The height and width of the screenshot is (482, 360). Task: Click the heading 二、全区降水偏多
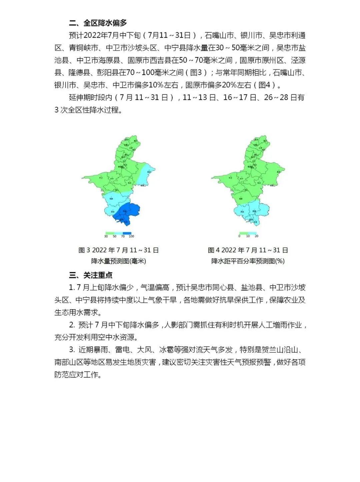pos(98,23)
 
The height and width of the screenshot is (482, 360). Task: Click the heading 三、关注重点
pos(91,275)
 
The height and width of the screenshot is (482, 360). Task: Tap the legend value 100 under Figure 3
pos(131,236)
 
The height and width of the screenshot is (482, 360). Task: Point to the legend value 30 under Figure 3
pos(106,236)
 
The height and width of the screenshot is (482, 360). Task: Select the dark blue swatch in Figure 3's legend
pos(127,233)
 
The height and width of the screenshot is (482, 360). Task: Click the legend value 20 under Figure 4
pos(256,236)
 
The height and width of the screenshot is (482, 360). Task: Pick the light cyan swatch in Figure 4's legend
pos(252,233)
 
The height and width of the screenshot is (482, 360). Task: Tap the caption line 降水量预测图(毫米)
pos(119,261)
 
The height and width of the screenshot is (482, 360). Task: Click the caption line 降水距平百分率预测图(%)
pos(248,261)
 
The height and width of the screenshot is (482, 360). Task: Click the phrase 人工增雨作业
pos(281,325)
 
